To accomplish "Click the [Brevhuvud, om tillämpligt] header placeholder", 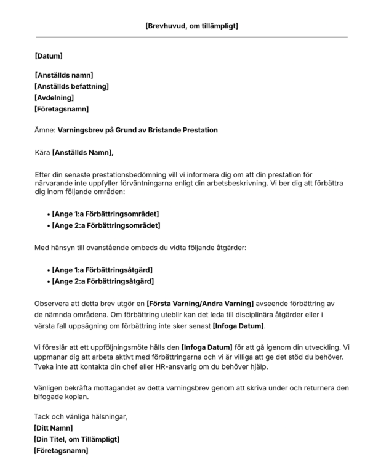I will click(191, 26).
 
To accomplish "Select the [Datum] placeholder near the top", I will click(49, 56).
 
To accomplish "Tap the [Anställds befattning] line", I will click(72, 86).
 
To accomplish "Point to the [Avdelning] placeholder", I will click(54, 97).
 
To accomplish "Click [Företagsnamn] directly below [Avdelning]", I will click(62, 109).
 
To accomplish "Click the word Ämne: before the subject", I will click(44, 130).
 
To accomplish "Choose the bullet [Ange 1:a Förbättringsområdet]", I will click(105, 214).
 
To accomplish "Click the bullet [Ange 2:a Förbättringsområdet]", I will click(106, 225).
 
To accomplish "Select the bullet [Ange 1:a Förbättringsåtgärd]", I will click(102, 270).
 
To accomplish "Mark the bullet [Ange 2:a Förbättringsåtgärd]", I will click(103, 281).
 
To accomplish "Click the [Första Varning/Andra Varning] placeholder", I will click(200, 304).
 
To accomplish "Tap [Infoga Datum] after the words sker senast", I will click(238, 325).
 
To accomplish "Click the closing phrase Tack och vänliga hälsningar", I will click(80, 417).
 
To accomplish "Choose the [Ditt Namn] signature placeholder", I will click(54, 428).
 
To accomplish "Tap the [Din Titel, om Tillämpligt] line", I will click(76, 439).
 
